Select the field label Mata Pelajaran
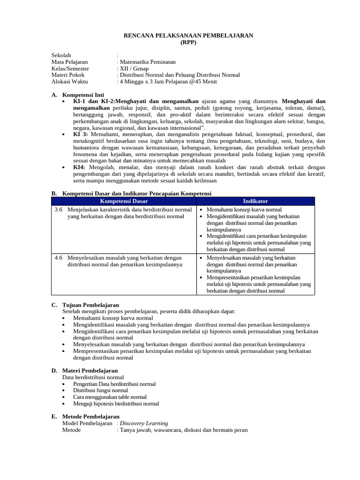coord(69,62)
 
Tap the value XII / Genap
coord(134,68)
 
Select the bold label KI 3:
coord(81,134)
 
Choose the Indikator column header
coord(255,201)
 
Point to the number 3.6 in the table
coord(59,210)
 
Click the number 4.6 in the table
coord(59,257)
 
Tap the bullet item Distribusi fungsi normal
coord(100,390)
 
